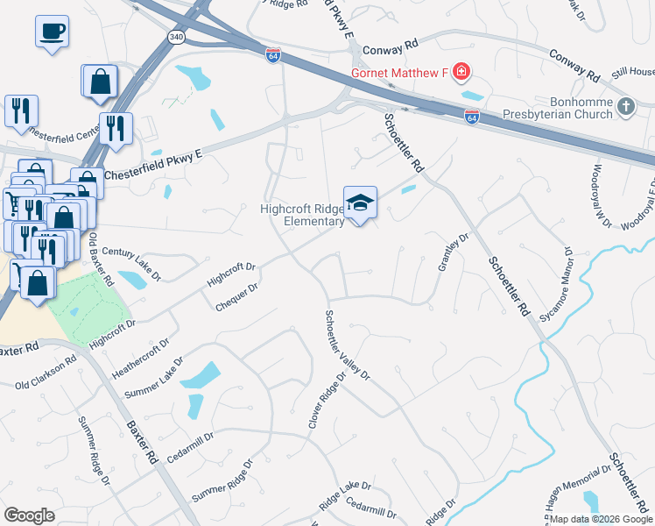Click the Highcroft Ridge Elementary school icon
point(360,203)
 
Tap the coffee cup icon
point(52,32)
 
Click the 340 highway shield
point(175,37)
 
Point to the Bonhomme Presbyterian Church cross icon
point(625,107)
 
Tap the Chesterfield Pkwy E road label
point(154,164)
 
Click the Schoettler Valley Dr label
point(348,345)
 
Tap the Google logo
point(29,515)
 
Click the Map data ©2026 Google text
point(601,519)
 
